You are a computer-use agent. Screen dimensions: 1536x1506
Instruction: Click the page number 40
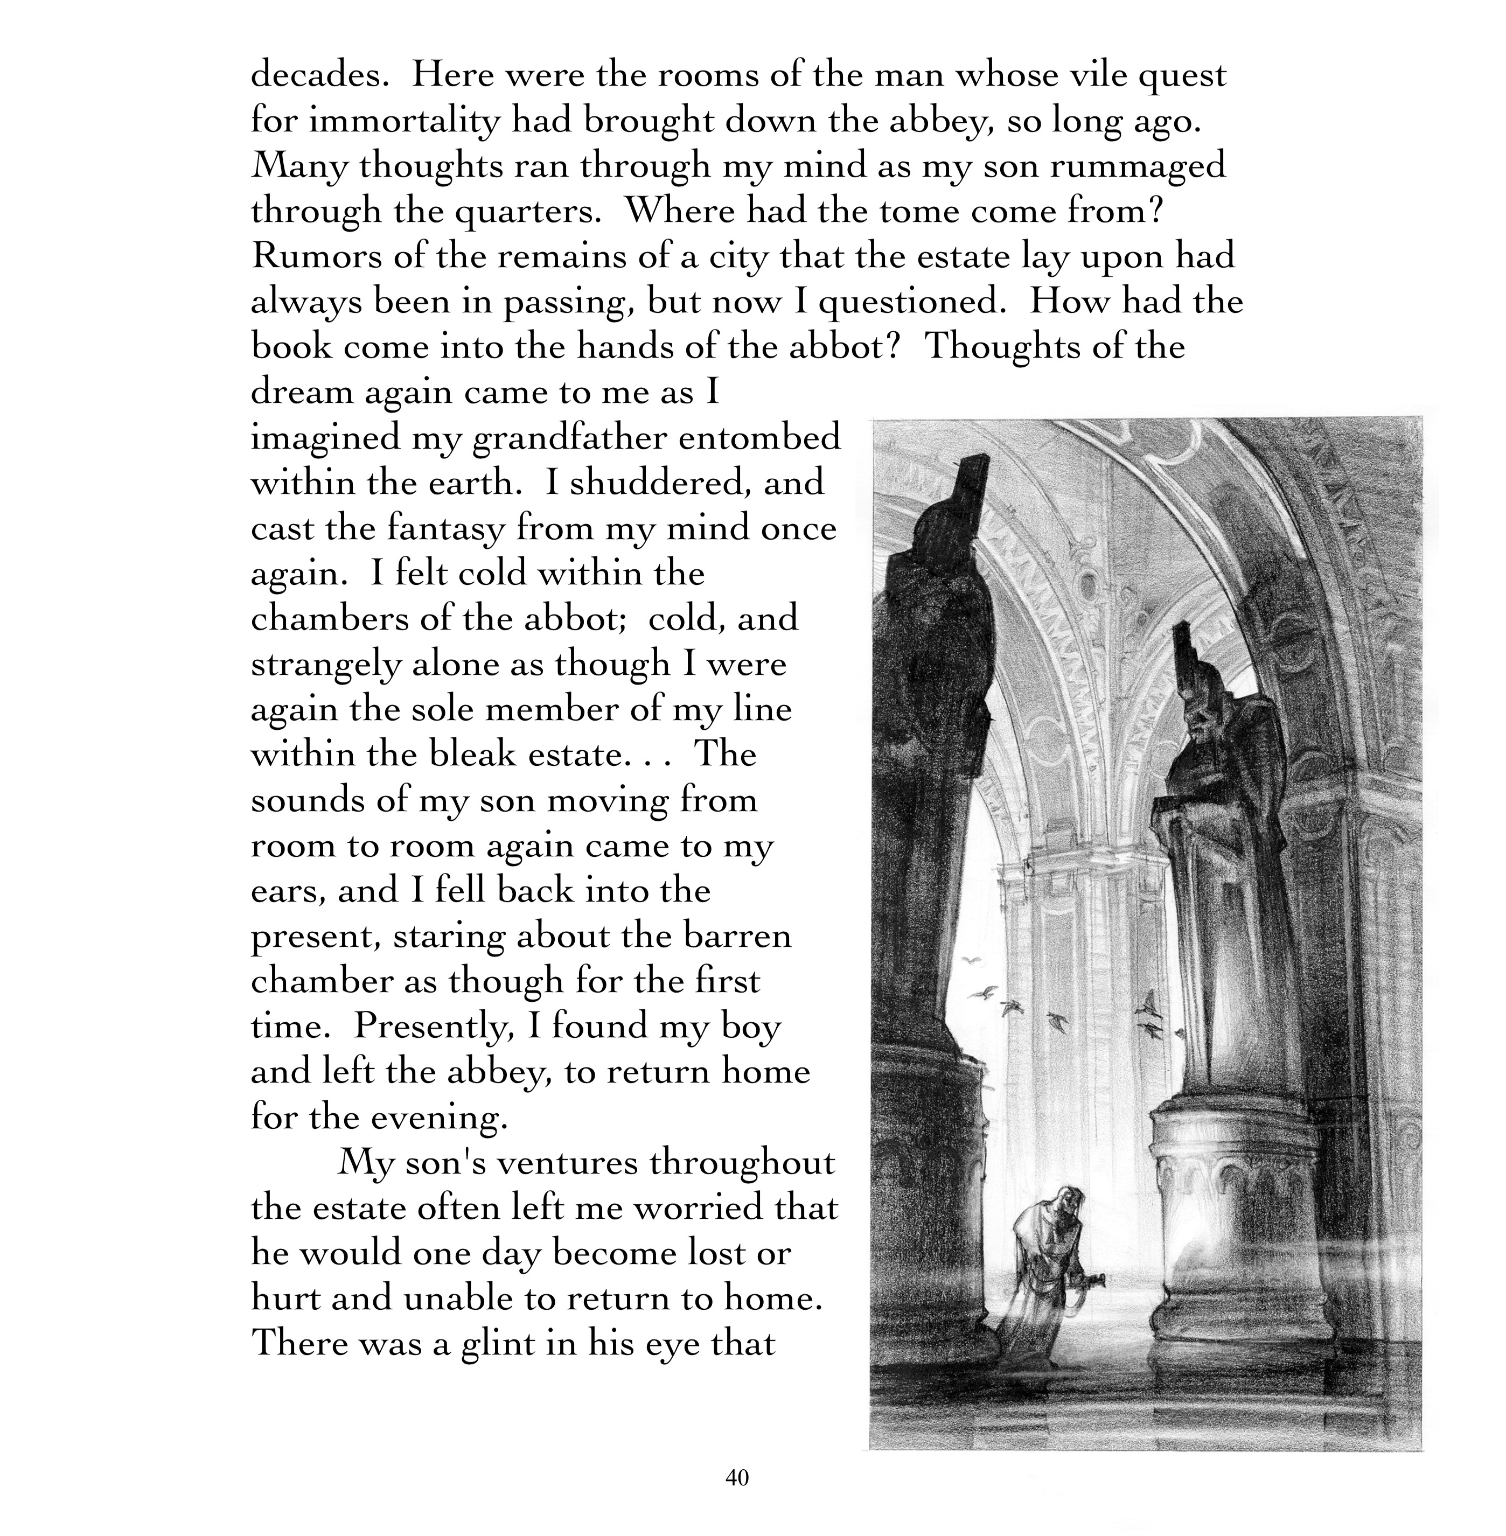pos(736,1477)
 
